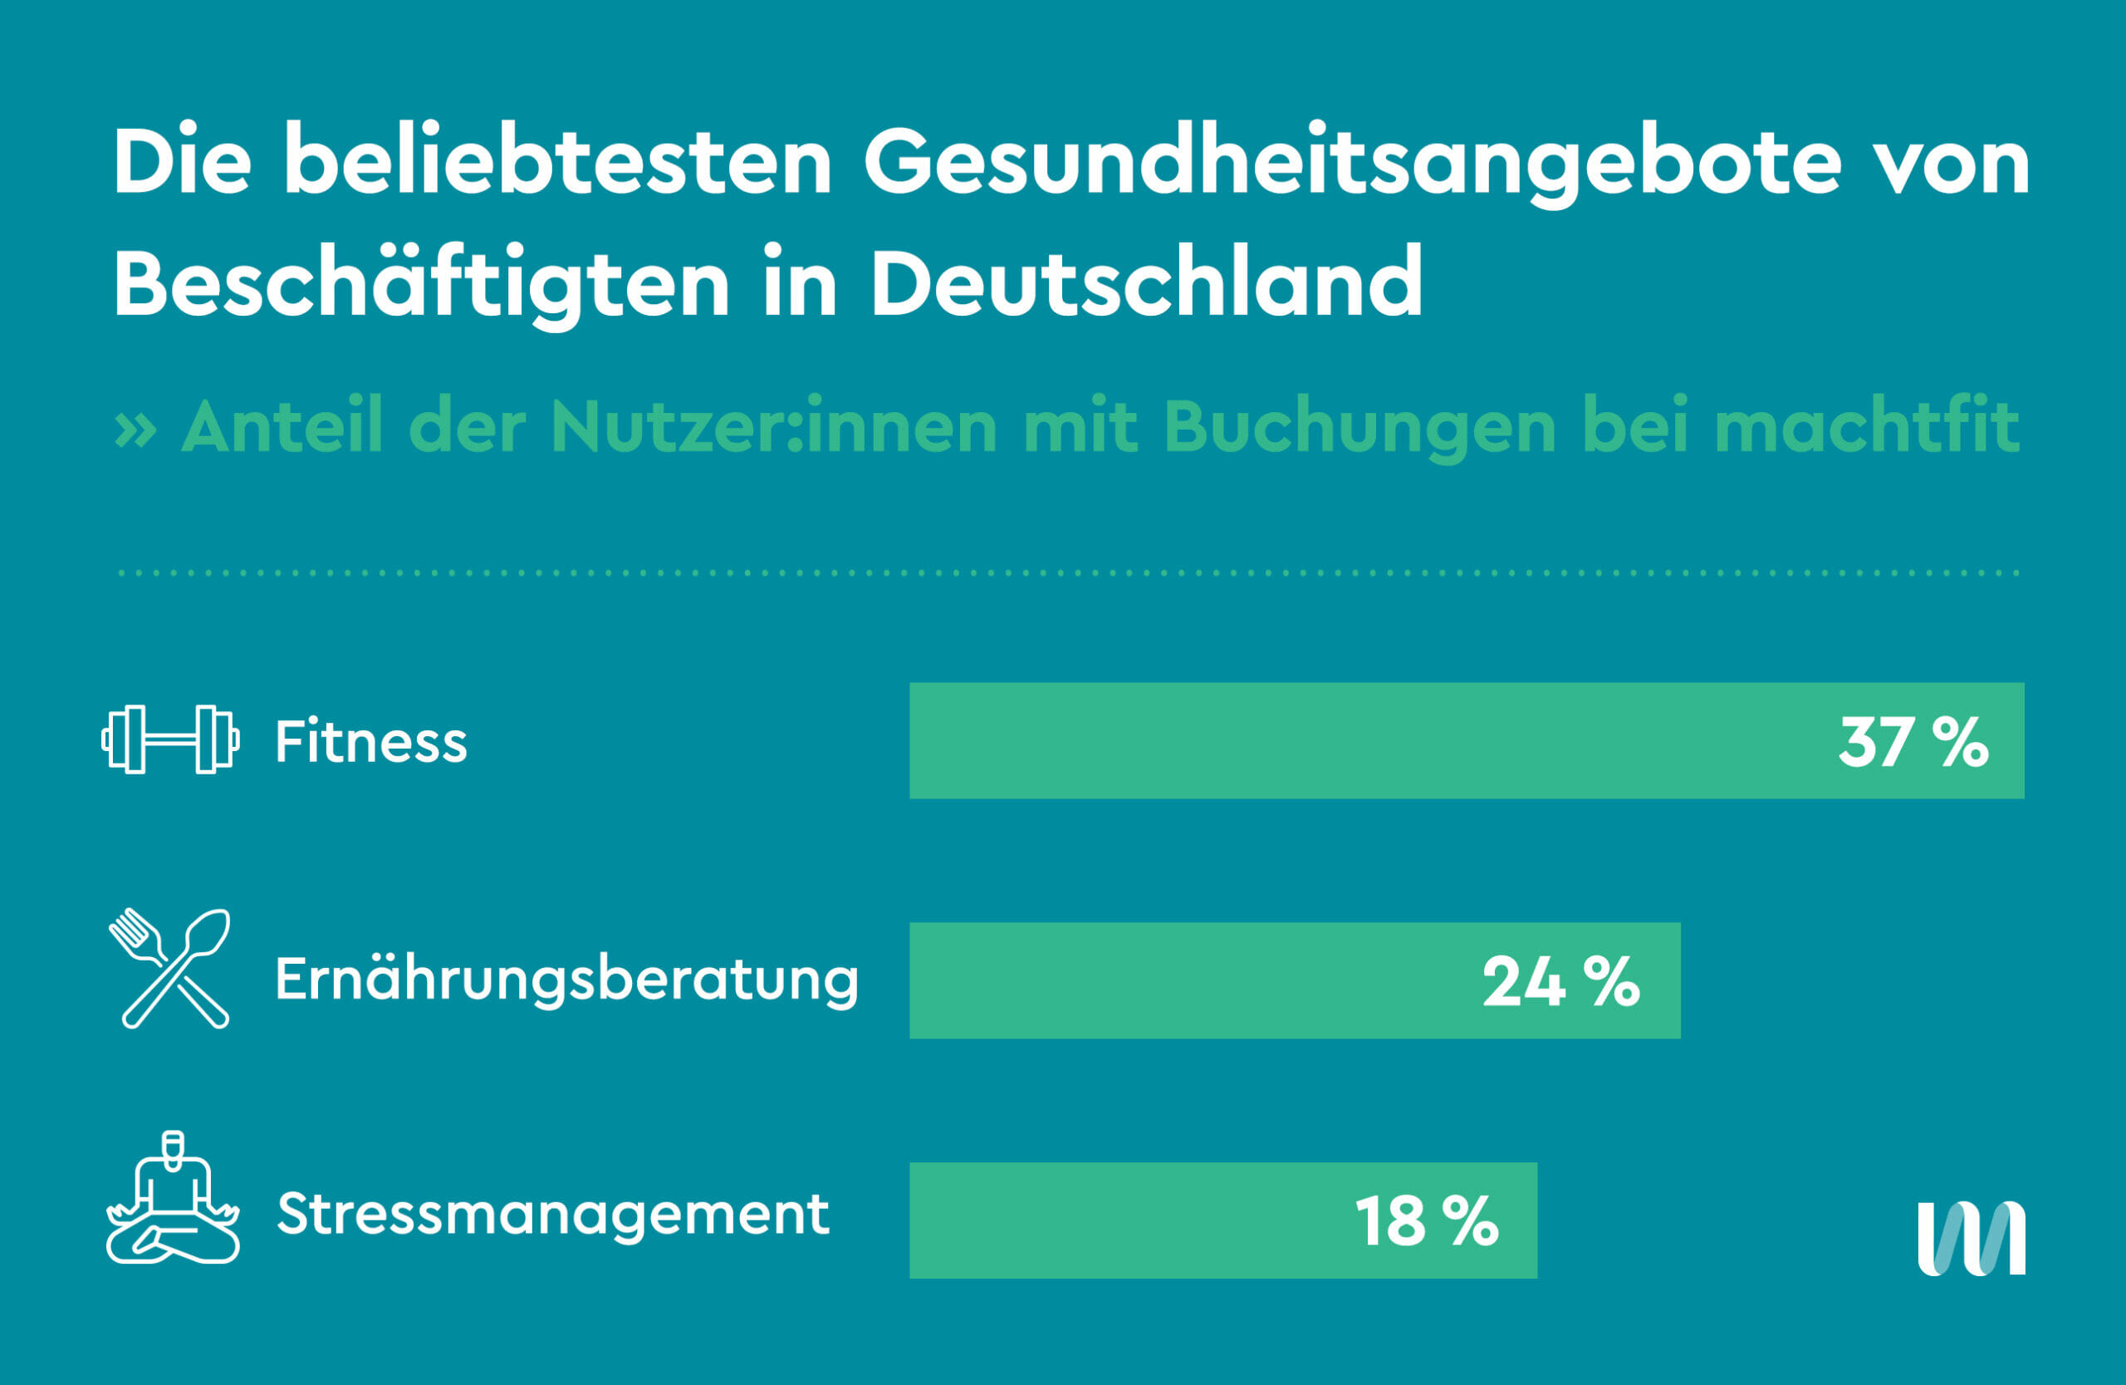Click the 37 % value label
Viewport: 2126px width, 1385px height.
1913,742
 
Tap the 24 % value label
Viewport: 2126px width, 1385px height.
1560,982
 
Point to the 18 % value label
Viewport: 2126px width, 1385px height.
1427,1221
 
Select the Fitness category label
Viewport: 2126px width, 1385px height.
370,742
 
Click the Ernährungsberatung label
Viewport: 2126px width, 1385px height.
566,980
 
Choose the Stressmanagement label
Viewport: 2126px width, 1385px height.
553,1215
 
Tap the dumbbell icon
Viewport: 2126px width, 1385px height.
170,740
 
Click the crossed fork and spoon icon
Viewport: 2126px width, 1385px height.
169,970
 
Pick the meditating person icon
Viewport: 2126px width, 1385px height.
174,1199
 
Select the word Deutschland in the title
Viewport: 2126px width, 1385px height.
1146,284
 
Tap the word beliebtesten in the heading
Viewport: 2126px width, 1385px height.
557,163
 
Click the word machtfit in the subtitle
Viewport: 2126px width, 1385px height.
1867,427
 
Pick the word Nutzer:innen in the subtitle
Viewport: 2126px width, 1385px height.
773,427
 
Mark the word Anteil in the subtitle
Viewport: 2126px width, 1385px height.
282,427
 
